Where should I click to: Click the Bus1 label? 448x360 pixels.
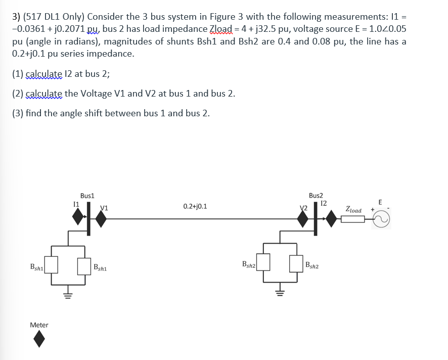click(87, 195)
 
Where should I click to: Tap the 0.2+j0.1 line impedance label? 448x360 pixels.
click(195, 206)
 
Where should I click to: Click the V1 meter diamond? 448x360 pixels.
click(101, 218)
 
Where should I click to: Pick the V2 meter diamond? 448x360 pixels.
click(303, 218)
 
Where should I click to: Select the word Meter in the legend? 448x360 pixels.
click(39, 325)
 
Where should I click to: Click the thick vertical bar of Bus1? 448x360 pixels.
click(89, 218)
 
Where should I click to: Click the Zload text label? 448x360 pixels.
click(353, 209)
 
